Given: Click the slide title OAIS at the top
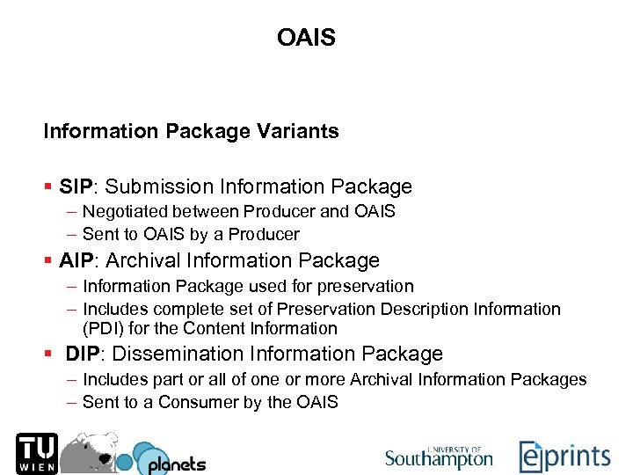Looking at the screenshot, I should [306, 38].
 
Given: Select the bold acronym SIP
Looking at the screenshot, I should [78, 186].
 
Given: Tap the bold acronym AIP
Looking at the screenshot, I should [78, 261].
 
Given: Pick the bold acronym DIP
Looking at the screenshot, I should [85, 354].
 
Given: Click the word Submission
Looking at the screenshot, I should [159, 186].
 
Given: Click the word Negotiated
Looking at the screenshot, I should [124, 212].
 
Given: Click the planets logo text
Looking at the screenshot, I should [177, 464].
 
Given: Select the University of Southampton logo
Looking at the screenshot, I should [439, 457].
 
